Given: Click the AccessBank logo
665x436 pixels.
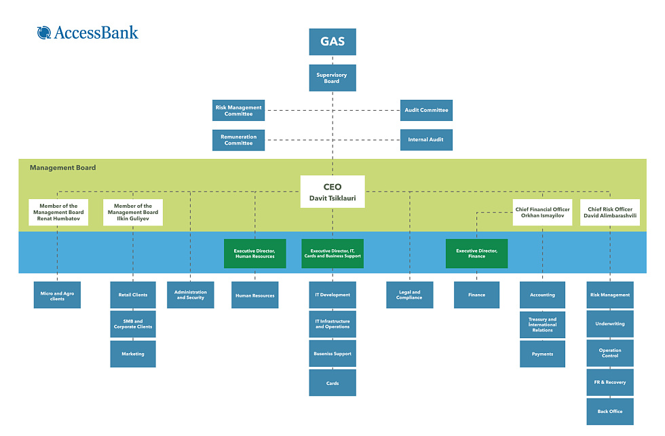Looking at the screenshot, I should (88, 32).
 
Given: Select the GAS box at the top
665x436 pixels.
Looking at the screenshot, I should (332, 41).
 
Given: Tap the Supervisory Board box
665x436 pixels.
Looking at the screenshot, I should (332, 78).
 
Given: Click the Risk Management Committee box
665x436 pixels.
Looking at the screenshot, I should (238, 111).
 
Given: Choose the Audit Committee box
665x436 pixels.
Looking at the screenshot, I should (426, 110).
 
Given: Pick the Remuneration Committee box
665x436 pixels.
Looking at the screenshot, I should (238, 140).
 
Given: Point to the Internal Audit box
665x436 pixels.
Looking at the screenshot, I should (426, 140).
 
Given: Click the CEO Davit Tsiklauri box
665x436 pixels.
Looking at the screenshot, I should (332, 192).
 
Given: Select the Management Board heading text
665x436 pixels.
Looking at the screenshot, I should (63, 168).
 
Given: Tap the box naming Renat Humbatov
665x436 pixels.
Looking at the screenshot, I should (58, 212).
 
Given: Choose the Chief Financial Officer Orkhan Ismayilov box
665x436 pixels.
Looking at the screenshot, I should (542, 212).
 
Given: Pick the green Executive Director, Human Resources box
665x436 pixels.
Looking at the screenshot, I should (255, 253).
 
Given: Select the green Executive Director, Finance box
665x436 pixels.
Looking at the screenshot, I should (476, 253).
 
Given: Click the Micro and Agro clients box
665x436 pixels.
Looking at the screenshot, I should (57, 295).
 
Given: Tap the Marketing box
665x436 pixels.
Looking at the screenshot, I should (133, 354).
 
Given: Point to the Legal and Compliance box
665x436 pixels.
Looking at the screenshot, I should (410, 295).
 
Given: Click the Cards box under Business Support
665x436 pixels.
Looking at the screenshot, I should (332, 383).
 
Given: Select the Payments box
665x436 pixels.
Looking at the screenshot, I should (542, 354).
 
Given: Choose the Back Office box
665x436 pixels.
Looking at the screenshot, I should (610, 412).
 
